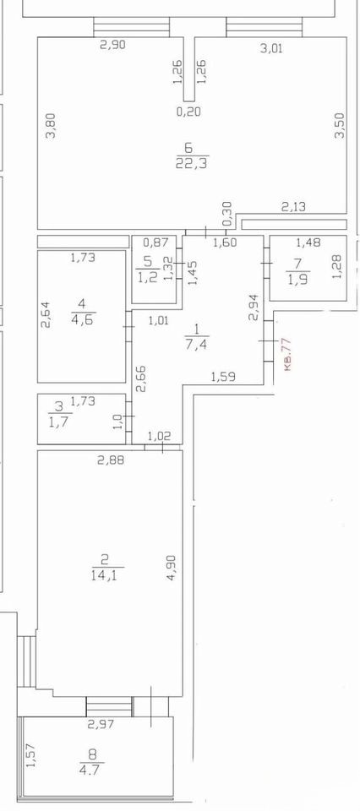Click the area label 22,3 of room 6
point(193,164)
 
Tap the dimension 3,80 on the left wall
point(52,126)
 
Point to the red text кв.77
point(288,354)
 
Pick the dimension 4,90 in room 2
point(172,568)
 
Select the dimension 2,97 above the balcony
point(101,724)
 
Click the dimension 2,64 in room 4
point(46,316)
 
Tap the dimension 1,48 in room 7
point(308,242)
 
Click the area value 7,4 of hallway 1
point(196,345)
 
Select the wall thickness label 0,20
point(188,111)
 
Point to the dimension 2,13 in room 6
point(293,208)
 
